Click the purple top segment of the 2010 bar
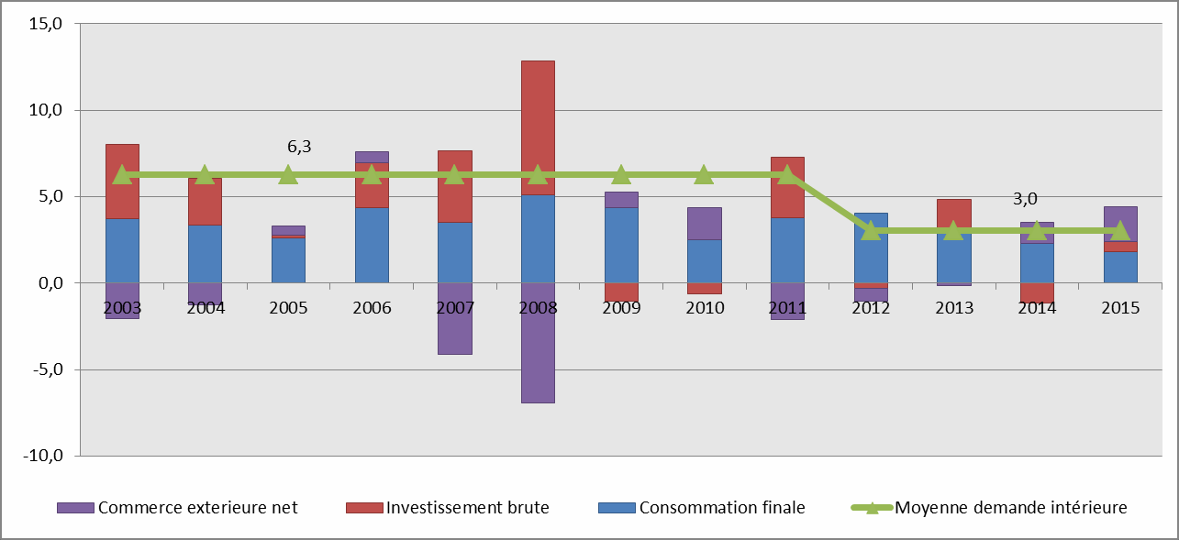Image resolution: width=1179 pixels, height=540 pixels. (704, 223)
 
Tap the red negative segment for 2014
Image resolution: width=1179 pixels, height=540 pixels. (1037, 292)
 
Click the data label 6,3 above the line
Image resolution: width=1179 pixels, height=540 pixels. (299, 147)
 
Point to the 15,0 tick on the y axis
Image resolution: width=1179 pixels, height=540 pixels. (44, 24)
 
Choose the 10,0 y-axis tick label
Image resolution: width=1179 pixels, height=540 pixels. (44, 110)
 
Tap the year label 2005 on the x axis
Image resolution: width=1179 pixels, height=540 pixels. (288, 308)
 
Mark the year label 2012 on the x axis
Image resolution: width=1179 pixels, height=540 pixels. (870, 308)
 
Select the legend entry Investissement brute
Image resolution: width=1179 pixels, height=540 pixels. (467, 507)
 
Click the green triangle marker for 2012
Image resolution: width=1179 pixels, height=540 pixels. (870, 230)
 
